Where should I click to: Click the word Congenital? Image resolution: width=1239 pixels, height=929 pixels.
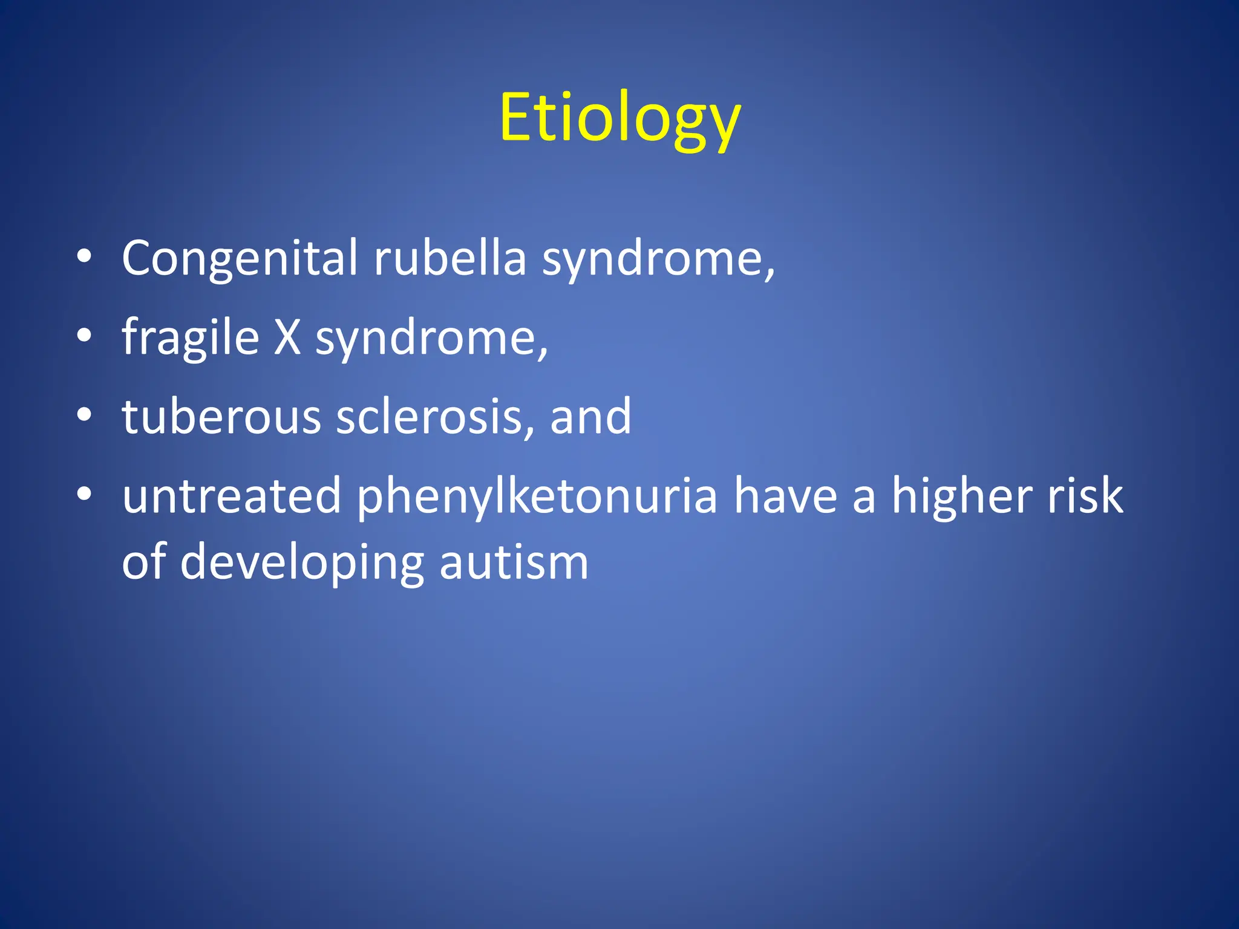pyautogui.click(x=240, y=258)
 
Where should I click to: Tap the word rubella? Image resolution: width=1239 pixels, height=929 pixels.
pyautogui.click(x=450, y=258)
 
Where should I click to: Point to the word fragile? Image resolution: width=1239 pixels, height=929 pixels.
pyautogui.click(x=190, y=338)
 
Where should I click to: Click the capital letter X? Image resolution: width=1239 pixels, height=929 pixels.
pyautogui.click(x=287, y=337)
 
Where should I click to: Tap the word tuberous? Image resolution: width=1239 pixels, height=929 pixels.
pyautogui.click(x=221, y=417)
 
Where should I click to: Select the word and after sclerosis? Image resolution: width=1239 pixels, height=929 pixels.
pyautogui.click(x=590, y=417)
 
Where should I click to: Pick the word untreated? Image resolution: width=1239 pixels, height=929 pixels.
pyautogui.click(x=232, y=496)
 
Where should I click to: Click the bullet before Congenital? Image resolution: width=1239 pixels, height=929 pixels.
pyautogui.click(x=84, y=256)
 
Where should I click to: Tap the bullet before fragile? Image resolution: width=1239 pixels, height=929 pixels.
pyautogui.click(x=84, y=336)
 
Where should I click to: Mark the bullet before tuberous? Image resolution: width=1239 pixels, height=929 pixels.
pyautogui.click(x=84, y=415)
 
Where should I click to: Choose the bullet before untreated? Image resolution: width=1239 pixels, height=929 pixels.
pyautogui.click(x=84, y=494)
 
